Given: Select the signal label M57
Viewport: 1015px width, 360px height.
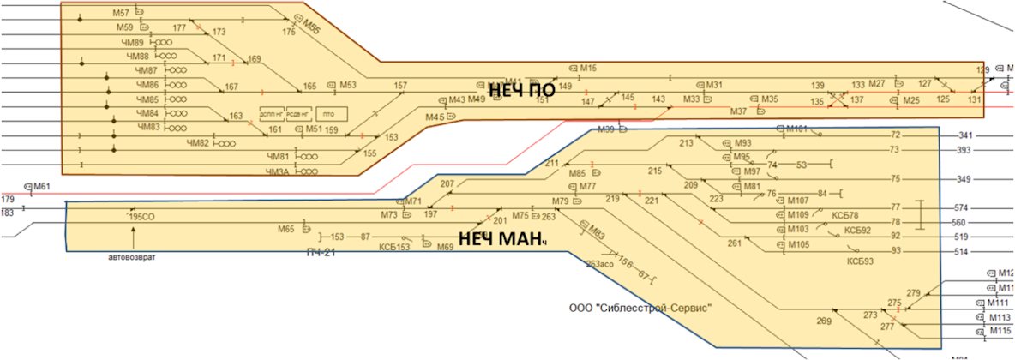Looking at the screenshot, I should point(120,14).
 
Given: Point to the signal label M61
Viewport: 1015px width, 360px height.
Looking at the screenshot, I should point(42,186).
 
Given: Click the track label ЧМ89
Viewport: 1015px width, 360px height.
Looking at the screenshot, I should point(135,42).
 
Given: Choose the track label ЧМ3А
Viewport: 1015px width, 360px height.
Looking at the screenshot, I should point(279,171).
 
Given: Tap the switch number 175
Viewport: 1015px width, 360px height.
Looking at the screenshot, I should point(289,32).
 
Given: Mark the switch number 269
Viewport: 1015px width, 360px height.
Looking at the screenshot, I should point(825,321).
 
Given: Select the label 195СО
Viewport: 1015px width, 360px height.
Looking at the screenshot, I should point(141,218).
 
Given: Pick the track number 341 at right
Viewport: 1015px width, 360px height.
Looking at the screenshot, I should point(967,135).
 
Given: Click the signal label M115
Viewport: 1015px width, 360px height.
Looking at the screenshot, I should point(1000,331).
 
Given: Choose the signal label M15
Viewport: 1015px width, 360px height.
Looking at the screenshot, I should point(588,68).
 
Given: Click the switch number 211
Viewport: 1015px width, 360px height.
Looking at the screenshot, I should point(551,164).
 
